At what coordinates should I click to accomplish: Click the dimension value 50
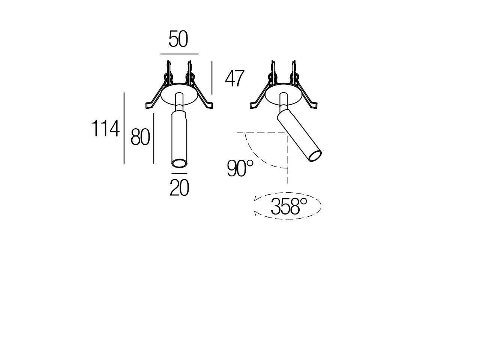pyautogui.click(x=178, y=39)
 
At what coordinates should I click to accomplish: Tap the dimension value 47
pyautogui.click(x=235, y=79)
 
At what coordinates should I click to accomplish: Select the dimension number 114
pyautogui.click(x=106, y=129)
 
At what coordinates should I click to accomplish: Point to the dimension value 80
pyautogui.click(x=140, y=137)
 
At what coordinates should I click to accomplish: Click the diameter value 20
pyautogui.click(x=179, y=188)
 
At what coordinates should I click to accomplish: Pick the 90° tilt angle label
pyautogui.click(x=240, y=168)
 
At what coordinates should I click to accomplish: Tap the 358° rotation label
pyautogui.click(x=289, y=206)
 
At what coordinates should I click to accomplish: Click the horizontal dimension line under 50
pyautogui.click(x=179, y=54)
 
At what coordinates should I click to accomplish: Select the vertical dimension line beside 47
pyautogui.click(x=212, y=78)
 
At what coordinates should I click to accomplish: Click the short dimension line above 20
pyautogui.click(x=179, y=174)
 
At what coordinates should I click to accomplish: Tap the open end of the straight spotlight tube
pyautogui.click(x=179, y=163)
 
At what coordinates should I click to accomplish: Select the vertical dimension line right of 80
pyautogui.click(x=154, y=138)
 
